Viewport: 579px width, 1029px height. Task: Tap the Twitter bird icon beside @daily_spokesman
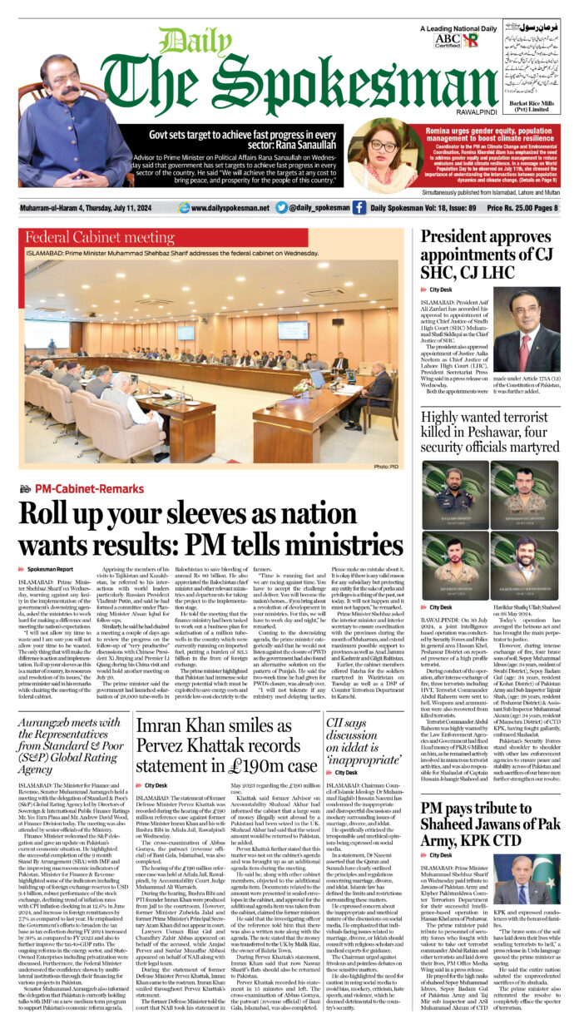[x=281, y=208]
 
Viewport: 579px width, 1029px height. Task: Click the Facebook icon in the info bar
[x=359, y=208]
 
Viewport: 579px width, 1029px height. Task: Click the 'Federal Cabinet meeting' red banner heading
[x=87, y=237]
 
